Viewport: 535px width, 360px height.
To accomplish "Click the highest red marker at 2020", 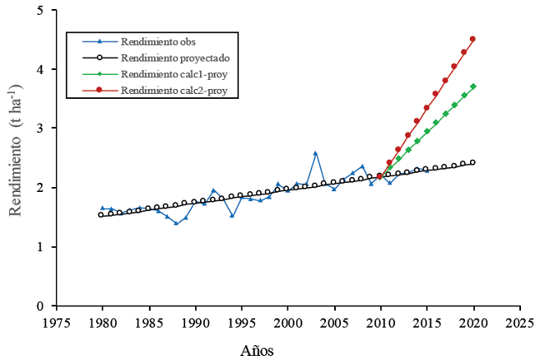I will click(x=472, y=39).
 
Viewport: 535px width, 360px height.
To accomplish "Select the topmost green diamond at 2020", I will click(x=472, y=86).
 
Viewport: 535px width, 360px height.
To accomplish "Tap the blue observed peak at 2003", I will click(x=315, y=153).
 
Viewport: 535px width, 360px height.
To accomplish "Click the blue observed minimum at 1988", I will click(x=176, y=223).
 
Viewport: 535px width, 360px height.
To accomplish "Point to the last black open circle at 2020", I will click(x=472, y=162).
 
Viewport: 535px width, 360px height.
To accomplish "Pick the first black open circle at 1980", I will click(x=101, y=214).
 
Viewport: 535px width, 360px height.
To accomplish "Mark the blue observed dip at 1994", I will click(x=232, y=216).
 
